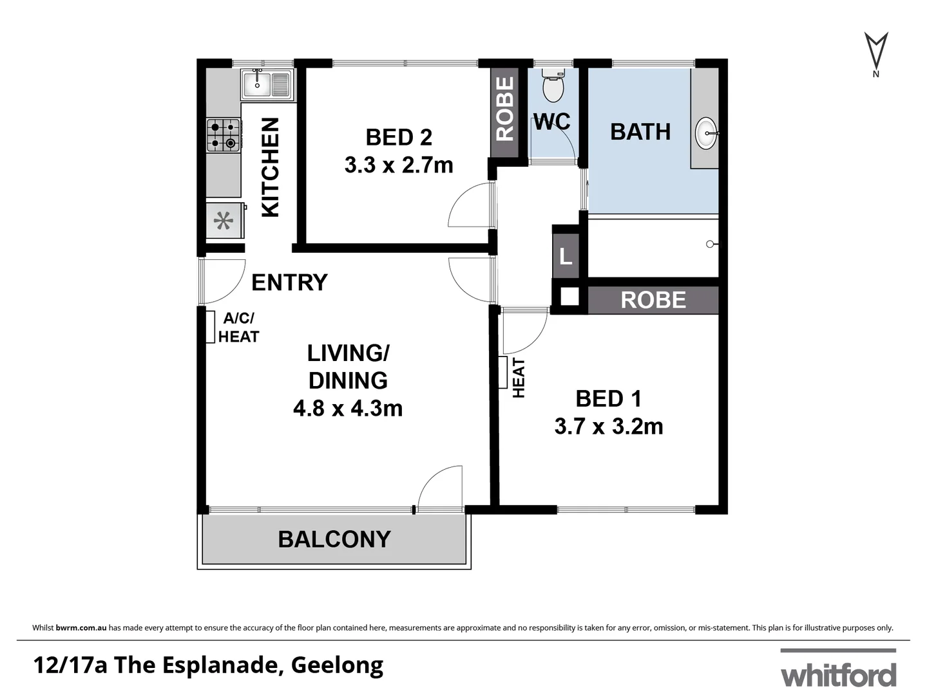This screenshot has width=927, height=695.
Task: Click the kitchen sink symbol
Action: pos(267,84)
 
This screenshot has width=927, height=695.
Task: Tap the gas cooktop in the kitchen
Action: pos(223,135)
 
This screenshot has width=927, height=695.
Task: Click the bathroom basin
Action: pos(707,133)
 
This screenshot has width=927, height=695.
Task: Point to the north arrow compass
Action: pos(875,52)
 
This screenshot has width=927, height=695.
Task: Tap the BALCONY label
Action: pos(334,539)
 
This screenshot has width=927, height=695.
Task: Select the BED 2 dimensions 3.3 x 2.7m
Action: pos(399,165)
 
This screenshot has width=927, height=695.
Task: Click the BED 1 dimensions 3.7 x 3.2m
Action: pos(609,427)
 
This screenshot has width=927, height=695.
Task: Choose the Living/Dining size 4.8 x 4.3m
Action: pos(348,409)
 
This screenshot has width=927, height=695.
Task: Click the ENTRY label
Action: pos(289,283)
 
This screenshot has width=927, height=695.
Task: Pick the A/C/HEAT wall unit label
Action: pos(238,328)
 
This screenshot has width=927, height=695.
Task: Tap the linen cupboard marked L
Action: pos(566,257)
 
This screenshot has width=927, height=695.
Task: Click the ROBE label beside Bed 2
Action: pos(505,109)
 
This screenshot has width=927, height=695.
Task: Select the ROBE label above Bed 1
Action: pos(653,300)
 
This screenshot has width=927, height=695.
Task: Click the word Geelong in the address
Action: pos(337,665)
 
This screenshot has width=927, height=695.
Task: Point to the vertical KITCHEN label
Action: pos(270,167)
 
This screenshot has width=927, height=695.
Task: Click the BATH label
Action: pos(640,132)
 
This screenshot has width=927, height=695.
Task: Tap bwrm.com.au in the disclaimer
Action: pos(81,627)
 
